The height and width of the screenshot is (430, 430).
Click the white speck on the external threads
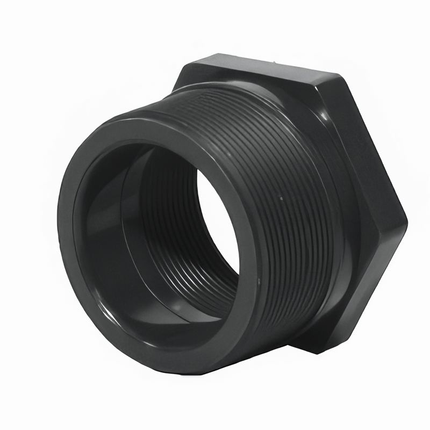coord(281,199)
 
